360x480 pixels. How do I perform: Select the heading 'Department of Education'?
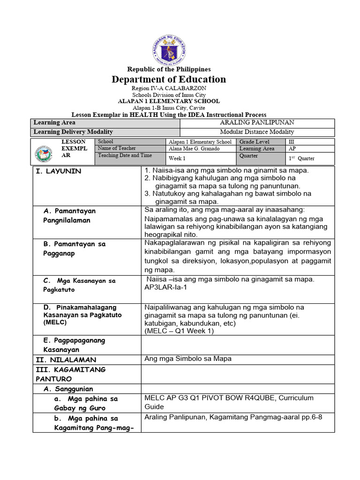click(x=169, y=79)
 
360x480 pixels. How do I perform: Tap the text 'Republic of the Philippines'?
click(x=169, y=69)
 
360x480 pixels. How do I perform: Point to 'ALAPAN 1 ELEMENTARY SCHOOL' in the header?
click(x=169, y=101)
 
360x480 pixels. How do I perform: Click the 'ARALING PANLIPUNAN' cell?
click(x=257, y=122)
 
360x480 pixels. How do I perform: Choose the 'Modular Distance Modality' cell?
click(x=257, y=132)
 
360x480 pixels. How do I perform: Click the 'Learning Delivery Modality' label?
click(x=73, y=132)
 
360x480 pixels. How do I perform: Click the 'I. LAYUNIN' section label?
click(x=59, y=171)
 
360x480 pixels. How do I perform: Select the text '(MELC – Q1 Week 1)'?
click(x=179, y=331)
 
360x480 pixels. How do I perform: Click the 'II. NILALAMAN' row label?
click(x=66, y=360)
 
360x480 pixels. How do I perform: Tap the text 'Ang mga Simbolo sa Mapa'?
click(x=188, y=359)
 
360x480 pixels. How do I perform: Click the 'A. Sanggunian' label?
click(x=68, y=389)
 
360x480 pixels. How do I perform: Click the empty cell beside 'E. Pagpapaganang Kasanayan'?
click(x=238, y=345)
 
